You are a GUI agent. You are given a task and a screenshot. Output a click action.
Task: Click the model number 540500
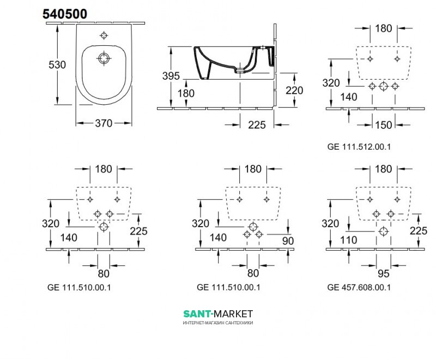(x=65, y=14)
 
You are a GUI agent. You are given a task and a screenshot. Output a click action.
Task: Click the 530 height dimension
(x=57, y=64)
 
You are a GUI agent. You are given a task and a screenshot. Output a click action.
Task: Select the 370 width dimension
(x=104, y=123)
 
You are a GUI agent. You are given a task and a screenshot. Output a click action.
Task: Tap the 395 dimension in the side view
(x=171, y=76)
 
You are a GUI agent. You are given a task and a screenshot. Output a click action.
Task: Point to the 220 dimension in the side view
(x=294, y=90)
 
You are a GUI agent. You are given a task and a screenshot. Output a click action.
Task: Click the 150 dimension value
(x=384, y=125)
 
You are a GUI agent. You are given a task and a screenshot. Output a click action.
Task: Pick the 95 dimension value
(x=384, y=274)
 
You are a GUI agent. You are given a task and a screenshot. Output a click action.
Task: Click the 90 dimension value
(x=288, y=241)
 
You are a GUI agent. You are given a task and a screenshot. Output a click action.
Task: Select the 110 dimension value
(x=348, y=240)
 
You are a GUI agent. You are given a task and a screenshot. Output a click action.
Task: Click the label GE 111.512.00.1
(x=359, y=146)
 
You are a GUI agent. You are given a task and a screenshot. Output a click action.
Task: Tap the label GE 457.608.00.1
(x=359, y=287)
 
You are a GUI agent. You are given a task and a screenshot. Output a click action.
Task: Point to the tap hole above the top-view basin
(x=104, y=35)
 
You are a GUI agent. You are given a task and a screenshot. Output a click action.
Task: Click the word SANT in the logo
(x=197, y=314)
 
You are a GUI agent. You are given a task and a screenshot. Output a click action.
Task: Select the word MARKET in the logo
(x=234, y=314)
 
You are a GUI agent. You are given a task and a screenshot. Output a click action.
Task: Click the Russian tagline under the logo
(x=218, y=323)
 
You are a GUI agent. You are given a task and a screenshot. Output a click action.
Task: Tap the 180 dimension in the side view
(x=186, y=93)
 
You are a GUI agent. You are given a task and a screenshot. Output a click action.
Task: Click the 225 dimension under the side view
(x=257, y=125)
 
